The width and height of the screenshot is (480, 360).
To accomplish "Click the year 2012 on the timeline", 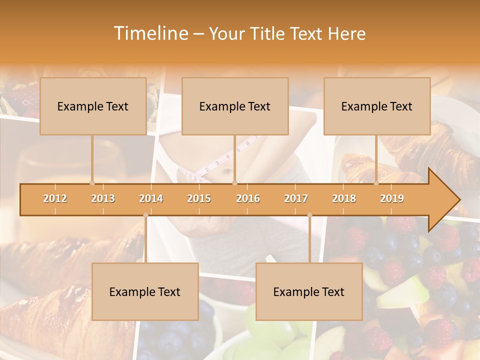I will pos(55,198).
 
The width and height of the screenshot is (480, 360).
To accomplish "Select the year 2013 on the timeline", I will pos(103,198).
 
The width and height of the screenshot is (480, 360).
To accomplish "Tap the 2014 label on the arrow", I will pos(151,198).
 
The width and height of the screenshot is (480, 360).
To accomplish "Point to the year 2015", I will pos(199,198).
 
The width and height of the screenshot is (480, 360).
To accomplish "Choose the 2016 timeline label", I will pos(248,198).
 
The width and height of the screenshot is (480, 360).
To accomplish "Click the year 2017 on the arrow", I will pos(296,198).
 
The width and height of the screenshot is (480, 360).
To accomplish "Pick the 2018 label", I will pos(344,198).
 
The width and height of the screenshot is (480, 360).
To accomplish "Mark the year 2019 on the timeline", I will pos(392,198).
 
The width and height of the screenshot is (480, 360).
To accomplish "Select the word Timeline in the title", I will pos(150,33).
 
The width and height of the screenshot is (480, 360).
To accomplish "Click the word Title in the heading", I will pos(268,34).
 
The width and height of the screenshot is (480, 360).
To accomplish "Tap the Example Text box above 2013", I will pos(93,106).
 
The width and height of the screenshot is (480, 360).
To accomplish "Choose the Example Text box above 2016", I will pos(235,106).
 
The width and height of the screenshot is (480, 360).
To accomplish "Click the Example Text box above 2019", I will pos(377,106).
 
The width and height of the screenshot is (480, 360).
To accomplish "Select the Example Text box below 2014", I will pos(145,291).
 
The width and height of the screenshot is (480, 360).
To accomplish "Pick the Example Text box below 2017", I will pos(309,291).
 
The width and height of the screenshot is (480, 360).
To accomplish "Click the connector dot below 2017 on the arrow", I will pos(309,215).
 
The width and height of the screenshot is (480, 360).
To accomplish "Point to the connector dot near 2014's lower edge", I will pos(145,215).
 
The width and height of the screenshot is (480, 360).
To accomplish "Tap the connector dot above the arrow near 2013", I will pos(92,183).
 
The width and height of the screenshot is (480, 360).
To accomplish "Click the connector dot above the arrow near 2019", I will pos(376,183).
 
